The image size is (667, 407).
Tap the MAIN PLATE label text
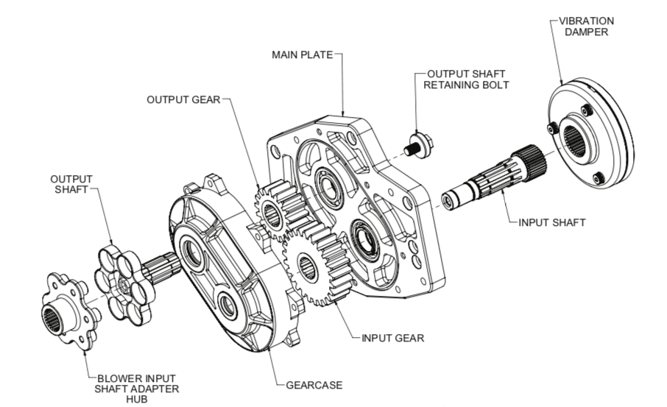click(x=303, y=55)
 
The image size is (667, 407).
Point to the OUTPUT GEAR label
click(x=183, y=99)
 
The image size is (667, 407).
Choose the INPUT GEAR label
click(x=392, y=339)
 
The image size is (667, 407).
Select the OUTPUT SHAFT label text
click(x=71, y=184)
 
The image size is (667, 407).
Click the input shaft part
click(x=493, y=183)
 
